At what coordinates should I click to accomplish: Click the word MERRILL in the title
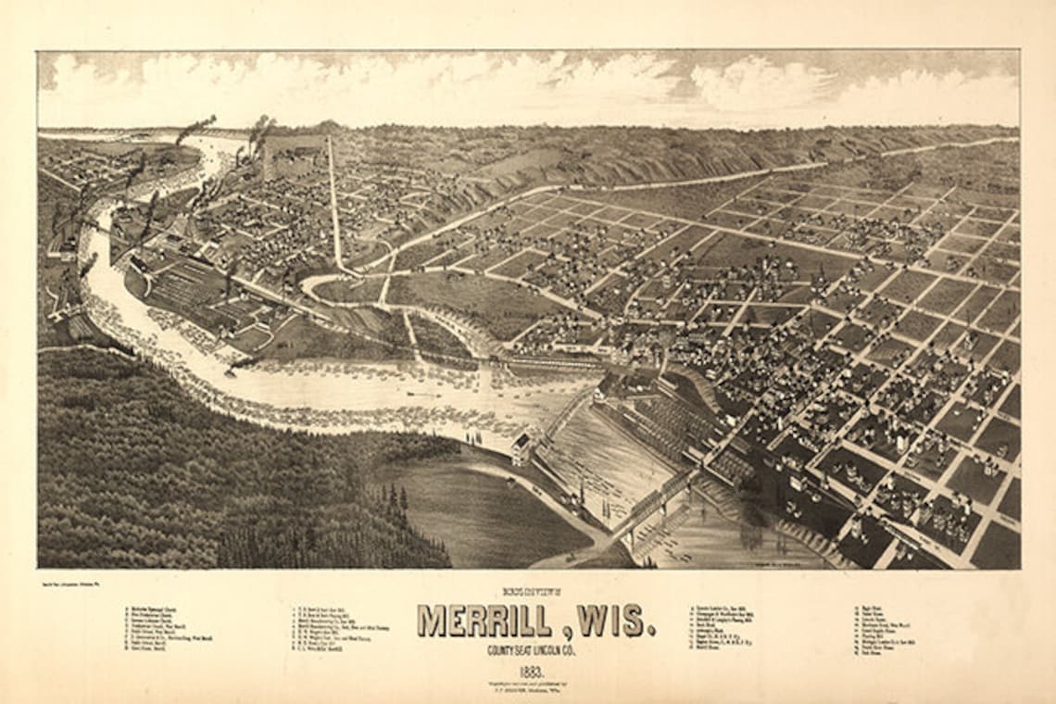pyautogui.click(x=491, y=621)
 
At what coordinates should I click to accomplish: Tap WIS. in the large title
pyautogui.click(x=619, y=621)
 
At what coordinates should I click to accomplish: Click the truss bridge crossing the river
pyautogui.click(x=656, y=500)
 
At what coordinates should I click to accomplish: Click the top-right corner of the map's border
pyautogui.click(x=1019, y=51)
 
